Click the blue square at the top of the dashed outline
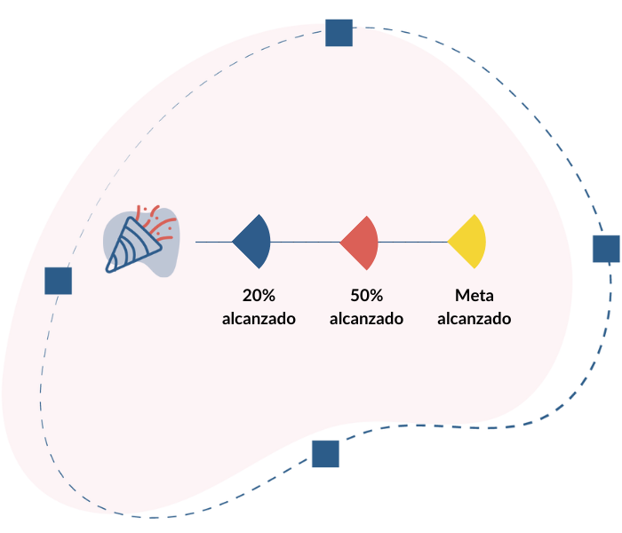click(x=339, y=33)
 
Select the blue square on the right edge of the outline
click(x=605, y=250)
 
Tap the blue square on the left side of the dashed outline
click(x=58, y=281)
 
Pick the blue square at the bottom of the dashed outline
click(x=324, y=454)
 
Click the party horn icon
click(x=140, y=243)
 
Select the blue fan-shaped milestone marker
click(x=253, y=242)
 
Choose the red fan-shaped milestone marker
click(x=362, y=242)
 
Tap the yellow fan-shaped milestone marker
click(x=469, y=242)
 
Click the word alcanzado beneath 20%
click(x=259, y=318)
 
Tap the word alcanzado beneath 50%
click(x=366, y=318)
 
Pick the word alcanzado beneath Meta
click(x=474, y=318)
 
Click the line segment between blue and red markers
click(x=306, y=242)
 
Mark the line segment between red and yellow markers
click(x=413, y=242)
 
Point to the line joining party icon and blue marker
click(x=213, y=242)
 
